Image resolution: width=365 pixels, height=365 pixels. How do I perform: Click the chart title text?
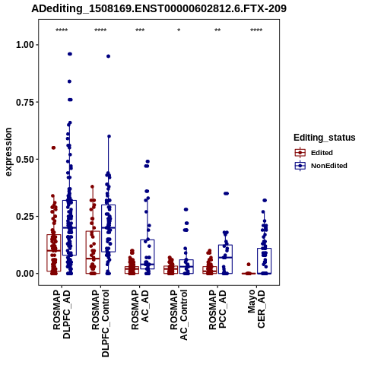(x=159, y=8)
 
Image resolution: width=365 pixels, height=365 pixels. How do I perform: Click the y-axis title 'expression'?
(x=8, y=152)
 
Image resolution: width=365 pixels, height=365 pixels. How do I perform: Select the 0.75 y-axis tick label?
(x=25, y=102)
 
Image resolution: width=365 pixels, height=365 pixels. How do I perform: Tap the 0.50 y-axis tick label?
(x=25, y=160)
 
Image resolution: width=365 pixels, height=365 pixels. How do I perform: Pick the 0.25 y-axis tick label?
(x=25, y=217)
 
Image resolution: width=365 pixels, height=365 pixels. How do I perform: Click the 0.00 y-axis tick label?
(x=25, y=274)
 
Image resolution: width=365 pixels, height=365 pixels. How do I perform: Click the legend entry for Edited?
(x=313, y=153)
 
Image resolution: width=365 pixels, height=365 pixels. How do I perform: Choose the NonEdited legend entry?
(x=321, y=166)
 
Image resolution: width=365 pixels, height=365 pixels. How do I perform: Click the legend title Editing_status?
(x=325, y=138)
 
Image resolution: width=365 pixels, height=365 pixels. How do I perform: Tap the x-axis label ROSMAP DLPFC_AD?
(x=62, y=315)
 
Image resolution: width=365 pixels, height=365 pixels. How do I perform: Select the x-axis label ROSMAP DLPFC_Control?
(x=100, y=323)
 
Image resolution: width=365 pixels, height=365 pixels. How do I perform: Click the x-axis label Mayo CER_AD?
(x=256, y=309)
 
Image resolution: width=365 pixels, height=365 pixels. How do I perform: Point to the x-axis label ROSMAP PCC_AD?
(x=217, y=310)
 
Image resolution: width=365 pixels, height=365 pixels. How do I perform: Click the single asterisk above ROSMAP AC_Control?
(x=179, y=30)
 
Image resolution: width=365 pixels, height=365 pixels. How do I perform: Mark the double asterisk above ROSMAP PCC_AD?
(x=217, y=30)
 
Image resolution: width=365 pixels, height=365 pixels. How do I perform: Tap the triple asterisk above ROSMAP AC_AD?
(x=140, y=30)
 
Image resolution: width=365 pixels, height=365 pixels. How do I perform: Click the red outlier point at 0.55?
(x=53, y=148)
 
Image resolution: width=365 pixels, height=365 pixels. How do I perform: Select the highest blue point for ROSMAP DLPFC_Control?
(x=108, y=56)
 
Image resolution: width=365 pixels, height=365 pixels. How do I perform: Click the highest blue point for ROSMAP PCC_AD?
(x=226, y=194)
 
